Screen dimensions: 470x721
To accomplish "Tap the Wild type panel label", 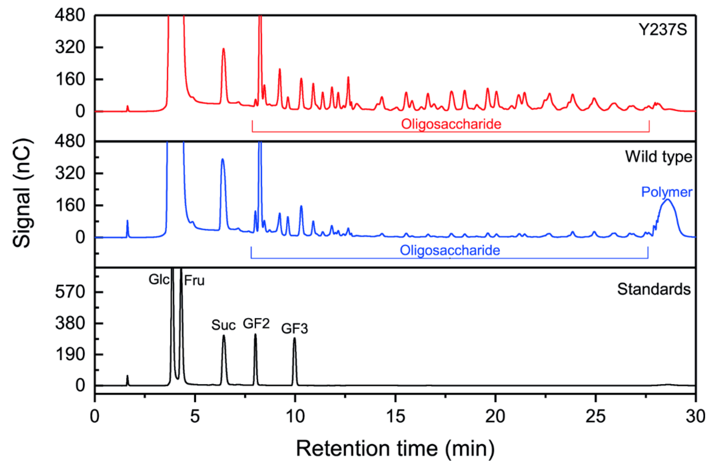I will click(x=659, y=157).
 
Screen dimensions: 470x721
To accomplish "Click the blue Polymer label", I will click(x=667, y=192).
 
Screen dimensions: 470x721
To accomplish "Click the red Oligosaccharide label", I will click(x=451, y=124).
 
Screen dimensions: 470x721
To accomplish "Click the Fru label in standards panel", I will click(x=194, y=281).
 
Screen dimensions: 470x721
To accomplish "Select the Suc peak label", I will click(x=223, y=325).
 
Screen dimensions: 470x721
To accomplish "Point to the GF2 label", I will click(x=256, y=324).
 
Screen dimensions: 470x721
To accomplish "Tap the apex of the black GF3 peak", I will click(x=294, y=338).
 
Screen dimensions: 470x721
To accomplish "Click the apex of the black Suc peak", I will click(x=224, y=336).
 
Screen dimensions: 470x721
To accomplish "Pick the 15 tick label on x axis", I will click(x=395, y=416).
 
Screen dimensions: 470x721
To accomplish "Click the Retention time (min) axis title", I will click(x=395, y=448).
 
